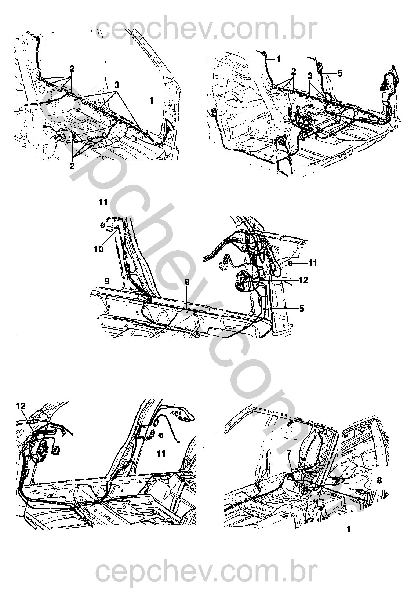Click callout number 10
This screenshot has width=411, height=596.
coord(98,250)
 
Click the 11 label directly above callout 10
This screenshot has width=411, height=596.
coord(103,202)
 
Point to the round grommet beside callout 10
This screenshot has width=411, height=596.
coord(102,226)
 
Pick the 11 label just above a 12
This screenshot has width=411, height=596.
coord(313,263)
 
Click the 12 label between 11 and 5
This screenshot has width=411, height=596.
coord(303,280)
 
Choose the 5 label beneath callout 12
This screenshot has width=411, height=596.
coord(301,309)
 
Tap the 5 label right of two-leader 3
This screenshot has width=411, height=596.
coord(340,73)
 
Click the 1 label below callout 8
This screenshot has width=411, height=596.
coord(349,528)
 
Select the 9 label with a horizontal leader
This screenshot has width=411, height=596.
coord(107,281)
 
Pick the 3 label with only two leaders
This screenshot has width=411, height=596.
coord(310,76)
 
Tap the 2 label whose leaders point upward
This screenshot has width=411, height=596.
coord(72,166)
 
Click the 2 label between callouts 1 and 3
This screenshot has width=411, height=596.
coord(294,71)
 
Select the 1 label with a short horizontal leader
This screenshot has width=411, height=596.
coord(278,59)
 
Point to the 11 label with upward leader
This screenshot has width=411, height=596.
coord(161,453)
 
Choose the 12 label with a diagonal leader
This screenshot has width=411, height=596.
coord(21,406)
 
